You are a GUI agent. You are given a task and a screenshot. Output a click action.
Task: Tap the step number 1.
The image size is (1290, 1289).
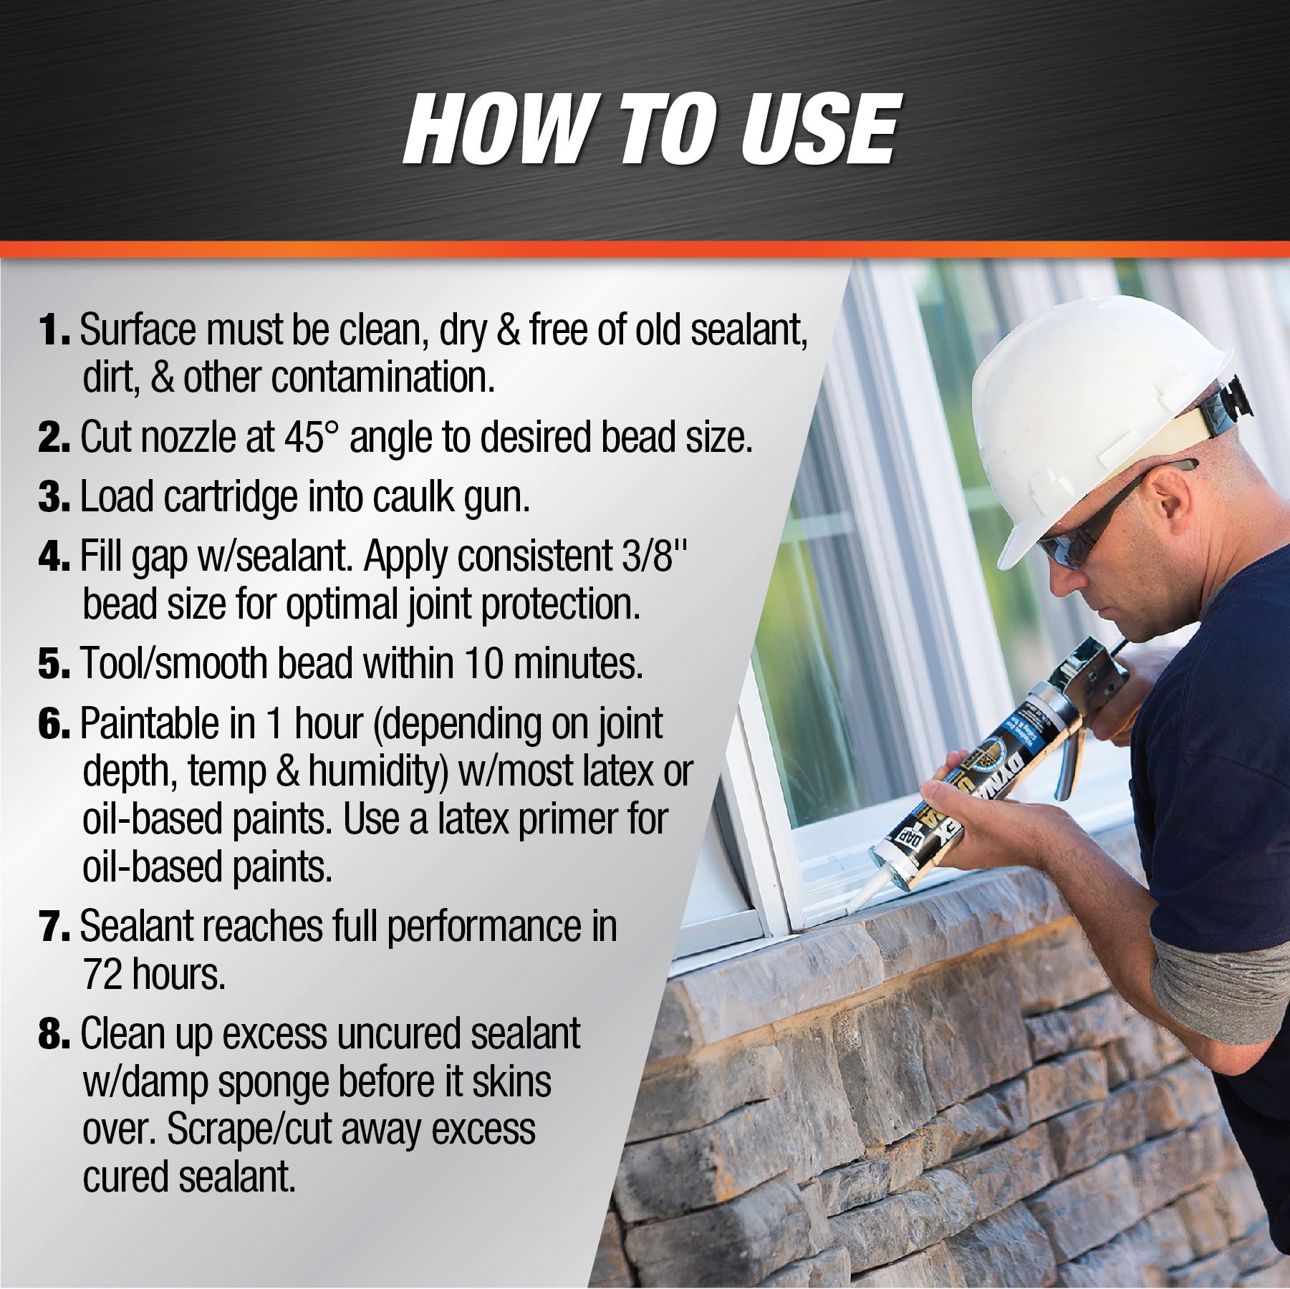click(x=53, y=331)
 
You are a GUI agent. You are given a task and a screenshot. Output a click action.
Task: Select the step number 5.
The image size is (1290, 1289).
click(x=54, y=665)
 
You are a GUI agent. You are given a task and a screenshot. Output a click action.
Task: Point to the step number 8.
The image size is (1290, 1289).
click(x=54, y=1035)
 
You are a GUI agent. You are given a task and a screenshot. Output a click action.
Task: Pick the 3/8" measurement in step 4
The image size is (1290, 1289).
click(x=648, y=556)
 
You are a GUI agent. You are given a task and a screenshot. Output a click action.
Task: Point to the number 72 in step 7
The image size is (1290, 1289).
click(x=102, y=974)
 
